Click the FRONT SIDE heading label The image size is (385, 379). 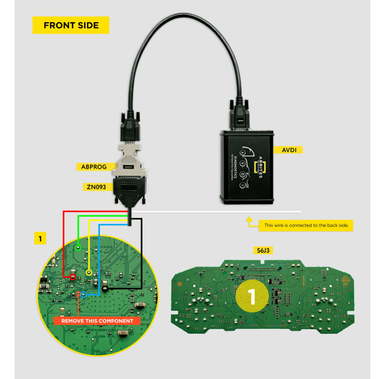pos(71,25)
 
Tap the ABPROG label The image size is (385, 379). pos(93,167)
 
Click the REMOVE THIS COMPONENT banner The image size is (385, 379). pos(97,321)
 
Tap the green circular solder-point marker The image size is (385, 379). pos(78,248)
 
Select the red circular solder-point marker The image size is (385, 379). pos(73,276)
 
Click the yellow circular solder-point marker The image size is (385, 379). pos(89,272)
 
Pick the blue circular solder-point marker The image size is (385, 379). pos(83,295)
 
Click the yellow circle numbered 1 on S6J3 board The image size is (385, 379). pos(252,296)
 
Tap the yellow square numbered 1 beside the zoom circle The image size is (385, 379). pos(40,238)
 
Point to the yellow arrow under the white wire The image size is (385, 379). pos(249,221)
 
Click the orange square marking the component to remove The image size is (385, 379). pos(78,294)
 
